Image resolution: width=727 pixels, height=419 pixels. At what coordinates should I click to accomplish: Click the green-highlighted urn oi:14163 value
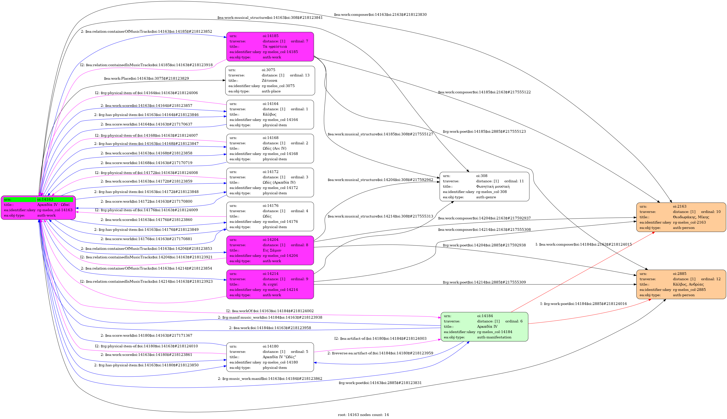click(45, 199)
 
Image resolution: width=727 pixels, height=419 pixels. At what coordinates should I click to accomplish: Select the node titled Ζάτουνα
click(270, 81)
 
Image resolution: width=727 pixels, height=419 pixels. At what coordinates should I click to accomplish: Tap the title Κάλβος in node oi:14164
click(269, 114)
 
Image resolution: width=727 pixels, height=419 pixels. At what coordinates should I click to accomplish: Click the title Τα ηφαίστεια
click(275, 47)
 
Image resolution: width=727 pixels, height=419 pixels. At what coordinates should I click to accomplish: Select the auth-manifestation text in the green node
click(494, 337)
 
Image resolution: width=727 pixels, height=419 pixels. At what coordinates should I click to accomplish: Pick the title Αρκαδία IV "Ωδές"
click(279, 357)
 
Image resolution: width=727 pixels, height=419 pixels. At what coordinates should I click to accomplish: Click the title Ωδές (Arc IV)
click(274, 148)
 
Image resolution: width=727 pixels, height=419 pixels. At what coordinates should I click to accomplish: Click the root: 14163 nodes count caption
click(363, 415)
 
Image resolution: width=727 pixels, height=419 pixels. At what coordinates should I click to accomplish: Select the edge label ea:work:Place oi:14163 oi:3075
click(146, 78)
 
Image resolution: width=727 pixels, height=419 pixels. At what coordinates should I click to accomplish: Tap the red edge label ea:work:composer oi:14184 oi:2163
click(583, 244)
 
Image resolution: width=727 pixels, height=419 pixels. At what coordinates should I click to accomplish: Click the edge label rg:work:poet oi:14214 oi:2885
click(484, 282)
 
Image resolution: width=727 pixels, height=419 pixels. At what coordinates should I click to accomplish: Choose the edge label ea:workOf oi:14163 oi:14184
click(270, 311)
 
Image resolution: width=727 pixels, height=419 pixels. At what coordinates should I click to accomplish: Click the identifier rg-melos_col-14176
click(280, 222)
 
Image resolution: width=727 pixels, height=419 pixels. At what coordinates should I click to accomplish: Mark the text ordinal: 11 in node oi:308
click(514, 181)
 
